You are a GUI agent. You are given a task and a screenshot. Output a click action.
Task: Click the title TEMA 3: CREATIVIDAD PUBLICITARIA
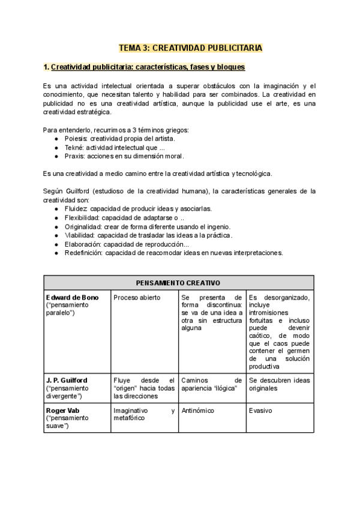[190, 47]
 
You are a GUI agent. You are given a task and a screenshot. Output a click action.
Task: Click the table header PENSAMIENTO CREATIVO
[178, 283]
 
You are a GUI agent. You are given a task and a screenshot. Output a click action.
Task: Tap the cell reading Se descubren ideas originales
[279, 384]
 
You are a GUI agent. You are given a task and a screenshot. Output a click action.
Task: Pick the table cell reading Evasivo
[260, 411]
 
